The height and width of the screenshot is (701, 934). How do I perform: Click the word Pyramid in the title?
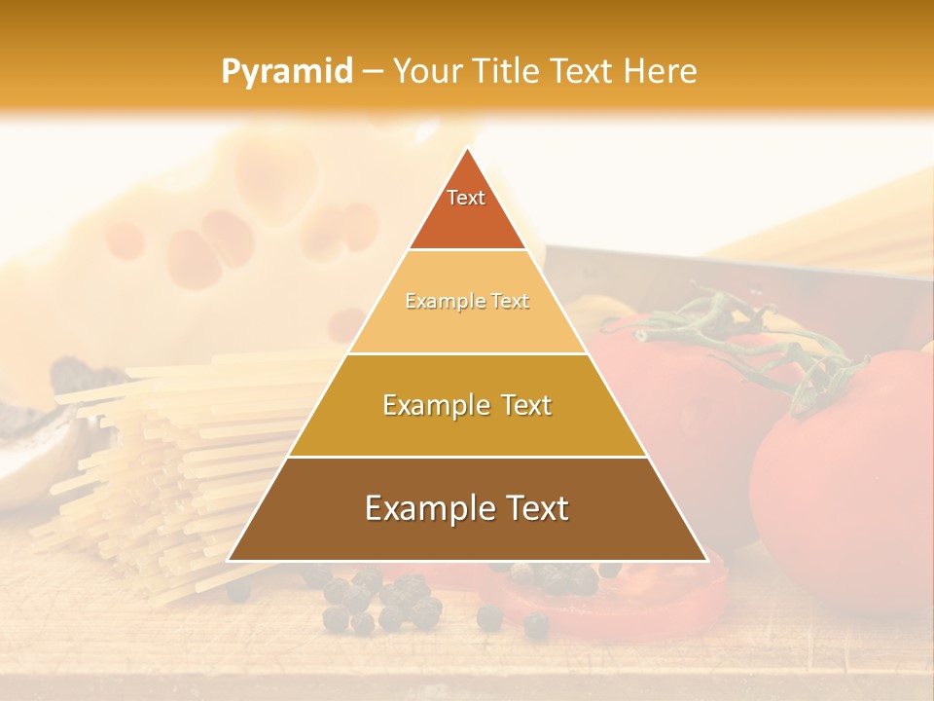click(x=287, y=72)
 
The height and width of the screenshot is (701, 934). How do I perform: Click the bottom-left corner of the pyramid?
click(x=229, y=560)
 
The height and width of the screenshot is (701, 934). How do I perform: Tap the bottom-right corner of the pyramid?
click(x=706, y=560)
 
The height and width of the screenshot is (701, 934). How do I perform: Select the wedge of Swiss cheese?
click(x=224, y=234)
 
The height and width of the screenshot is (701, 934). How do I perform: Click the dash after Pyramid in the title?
click(x=373, y=72)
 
